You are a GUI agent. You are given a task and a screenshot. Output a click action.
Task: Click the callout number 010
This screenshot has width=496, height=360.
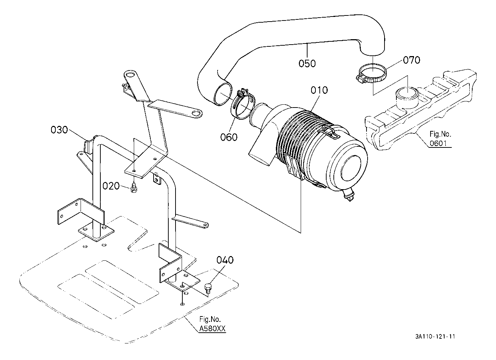pos(319,90)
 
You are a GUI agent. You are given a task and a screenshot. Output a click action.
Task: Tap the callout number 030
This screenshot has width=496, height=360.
pos(59,129)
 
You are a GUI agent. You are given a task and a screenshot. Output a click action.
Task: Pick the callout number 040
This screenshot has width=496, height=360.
pos(225,260)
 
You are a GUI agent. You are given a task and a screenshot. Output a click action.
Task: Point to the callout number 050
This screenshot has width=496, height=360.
pos(307,63)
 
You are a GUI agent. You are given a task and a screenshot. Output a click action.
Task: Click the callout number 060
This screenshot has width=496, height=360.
pos(229,137)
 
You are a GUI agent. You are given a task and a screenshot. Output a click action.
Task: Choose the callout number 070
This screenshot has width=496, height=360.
pos(411,60)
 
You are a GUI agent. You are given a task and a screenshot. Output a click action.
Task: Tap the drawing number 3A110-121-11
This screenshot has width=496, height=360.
pos(435,337)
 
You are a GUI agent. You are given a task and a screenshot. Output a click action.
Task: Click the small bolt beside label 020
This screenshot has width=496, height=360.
pos(134,187)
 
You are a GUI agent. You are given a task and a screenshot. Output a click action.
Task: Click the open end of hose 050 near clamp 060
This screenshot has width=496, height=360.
pos(222,94)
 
